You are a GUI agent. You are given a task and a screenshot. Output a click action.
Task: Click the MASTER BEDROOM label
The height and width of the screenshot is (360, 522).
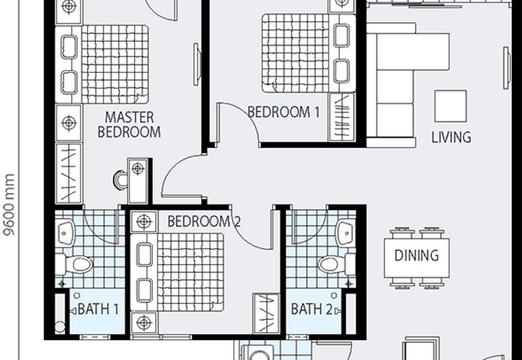[x=129, y=125]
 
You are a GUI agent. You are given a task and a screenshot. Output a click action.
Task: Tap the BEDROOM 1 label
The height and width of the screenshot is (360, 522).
[x=284, y=112]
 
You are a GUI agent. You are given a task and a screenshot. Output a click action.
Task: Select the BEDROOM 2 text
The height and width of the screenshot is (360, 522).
[x=204, y=221]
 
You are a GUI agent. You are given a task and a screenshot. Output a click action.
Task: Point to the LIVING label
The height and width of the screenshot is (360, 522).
[x=451, y=137]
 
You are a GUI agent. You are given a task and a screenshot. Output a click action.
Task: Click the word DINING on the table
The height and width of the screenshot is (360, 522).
[x=416, y=255]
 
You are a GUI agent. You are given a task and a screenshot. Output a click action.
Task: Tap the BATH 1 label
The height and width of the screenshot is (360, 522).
[x=99, y=309]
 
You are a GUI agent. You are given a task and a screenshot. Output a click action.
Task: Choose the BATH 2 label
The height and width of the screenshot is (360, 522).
[x=312, y=309]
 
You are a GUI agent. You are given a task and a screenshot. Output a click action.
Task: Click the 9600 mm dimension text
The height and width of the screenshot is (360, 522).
[x=9, y=204]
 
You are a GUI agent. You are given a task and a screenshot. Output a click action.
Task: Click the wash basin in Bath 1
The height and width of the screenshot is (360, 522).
[x=67, y=233]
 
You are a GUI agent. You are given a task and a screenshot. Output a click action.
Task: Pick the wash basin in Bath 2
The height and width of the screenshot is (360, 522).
[x=346, y=233]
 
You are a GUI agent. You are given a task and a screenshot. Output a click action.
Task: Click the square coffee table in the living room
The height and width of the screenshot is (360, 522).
[x=450, y=106]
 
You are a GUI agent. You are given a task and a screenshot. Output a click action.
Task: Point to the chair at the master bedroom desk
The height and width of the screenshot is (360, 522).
[x=120, y=180]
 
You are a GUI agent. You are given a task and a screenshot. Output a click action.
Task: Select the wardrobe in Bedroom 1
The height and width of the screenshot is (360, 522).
[x=341, y=117]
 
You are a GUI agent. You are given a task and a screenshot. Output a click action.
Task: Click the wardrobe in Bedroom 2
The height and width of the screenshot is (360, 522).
[x=266, y=313]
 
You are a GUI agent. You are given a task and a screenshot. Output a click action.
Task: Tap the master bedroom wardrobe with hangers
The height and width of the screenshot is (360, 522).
[x=69, y=173]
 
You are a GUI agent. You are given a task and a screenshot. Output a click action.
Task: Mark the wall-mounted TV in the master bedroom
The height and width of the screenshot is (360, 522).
[x=197, y=64]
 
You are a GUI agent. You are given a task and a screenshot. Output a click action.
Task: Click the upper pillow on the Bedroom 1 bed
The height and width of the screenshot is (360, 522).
[x=341, y=35]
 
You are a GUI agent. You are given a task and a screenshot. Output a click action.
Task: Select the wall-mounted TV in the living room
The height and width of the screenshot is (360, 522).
[x=506, y=68]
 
